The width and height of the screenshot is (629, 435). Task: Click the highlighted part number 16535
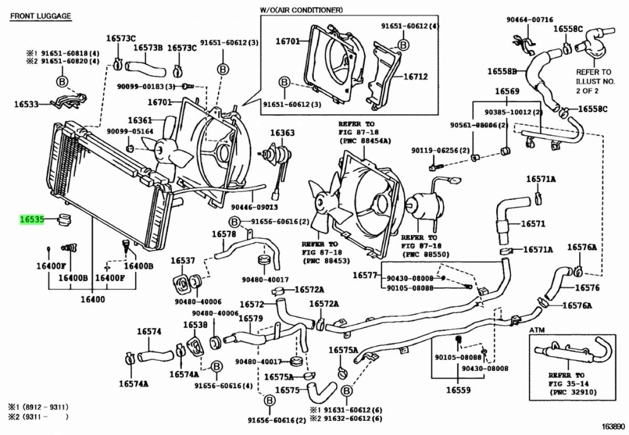[x=32, y=219]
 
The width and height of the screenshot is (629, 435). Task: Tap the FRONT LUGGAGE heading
[x=41, y=16]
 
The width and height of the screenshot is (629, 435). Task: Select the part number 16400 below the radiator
[x=93, y=299]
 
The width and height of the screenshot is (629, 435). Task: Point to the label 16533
[x=26, y=104]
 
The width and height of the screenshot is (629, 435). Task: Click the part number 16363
[x=282, y=133]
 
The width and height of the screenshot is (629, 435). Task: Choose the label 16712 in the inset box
[x=416, y=77]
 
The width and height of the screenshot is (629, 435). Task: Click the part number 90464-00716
[x=529, y=20]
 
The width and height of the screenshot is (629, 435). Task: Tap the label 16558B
[x=502, y=71]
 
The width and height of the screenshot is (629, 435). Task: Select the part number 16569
[x=507, y=91]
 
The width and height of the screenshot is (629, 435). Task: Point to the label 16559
[x=458, y=390]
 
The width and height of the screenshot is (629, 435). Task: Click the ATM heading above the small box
[x=537, y=330]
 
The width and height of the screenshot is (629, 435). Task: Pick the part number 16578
[x=224, y=234]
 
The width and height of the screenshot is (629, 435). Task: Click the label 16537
[x=183, y=261]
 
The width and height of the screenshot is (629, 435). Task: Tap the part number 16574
[x=149, y=332]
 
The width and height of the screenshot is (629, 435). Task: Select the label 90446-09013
[x=254, y=207]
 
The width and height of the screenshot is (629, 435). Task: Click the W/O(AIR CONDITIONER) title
[x=301, y=10]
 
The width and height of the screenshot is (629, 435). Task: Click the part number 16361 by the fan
[x=140, y=120]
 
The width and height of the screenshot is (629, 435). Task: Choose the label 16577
[x=365, y=275]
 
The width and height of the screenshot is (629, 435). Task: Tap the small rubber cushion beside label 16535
[x=64, y=220]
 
